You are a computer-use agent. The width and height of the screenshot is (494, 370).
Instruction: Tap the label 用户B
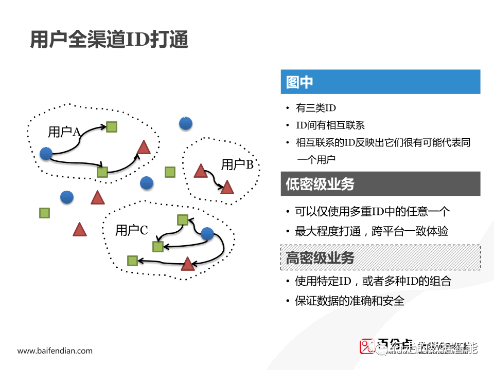237,165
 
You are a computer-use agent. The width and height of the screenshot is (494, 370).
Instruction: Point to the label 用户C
131,230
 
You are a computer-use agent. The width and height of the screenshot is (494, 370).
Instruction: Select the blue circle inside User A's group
46,153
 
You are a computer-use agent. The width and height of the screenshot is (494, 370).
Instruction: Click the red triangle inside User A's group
144,149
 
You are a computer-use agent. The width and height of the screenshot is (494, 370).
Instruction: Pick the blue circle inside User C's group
207,234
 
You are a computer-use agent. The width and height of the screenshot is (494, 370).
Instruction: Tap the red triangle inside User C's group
188,264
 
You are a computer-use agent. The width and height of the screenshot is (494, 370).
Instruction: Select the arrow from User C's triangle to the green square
160,261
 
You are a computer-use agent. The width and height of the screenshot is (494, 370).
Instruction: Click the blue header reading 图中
380,82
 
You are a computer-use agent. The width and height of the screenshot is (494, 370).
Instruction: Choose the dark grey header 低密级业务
380,184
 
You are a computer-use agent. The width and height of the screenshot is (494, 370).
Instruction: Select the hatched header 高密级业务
380,257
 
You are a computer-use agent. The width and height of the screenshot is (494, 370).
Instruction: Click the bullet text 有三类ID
315,108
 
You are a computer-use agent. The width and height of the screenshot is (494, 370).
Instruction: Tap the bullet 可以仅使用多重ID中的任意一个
372,211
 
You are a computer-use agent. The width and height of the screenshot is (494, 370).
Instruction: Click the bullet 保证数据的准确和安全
349,301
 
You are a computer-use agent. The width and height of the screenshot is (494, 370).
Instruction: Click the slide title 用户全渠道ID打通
109,40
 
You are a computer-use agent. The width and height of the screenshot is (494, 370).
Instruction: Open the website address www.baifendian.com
55,351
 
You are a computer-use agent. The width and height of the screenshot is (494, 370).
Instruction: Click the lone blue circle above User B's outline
186,123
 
